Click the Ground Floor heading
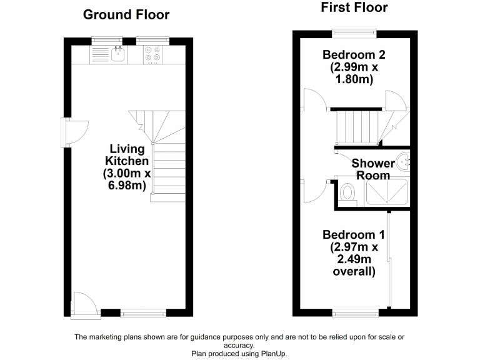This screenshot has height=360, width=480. pos(126,14)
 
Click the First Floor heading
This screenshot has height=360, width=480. pos(354,7)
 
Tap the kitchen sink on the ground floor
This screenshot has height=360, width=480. pos(118,55)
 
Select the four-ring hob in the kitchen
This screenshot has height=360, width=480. pos(152,55)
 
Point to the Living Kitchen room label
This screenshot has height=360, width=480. pos(127,167)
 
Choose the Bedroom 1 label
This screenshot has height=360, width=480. pos(353,253)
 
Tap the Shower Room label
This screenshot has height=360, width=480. pos(373,169)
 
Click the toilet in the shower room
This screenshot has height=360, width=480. pos(347,193)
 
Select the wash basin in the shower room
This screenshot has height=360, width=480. pos(405,162)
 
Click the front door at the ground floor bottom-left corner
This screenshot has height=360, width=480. pos(84,306)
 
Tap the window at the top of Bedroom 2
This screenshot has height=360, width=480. pos(354,32)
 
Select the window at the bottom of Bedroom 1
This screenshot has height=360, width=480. pos(355,312)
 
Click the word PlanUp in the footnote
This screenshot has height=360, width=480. pos(272,353)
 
